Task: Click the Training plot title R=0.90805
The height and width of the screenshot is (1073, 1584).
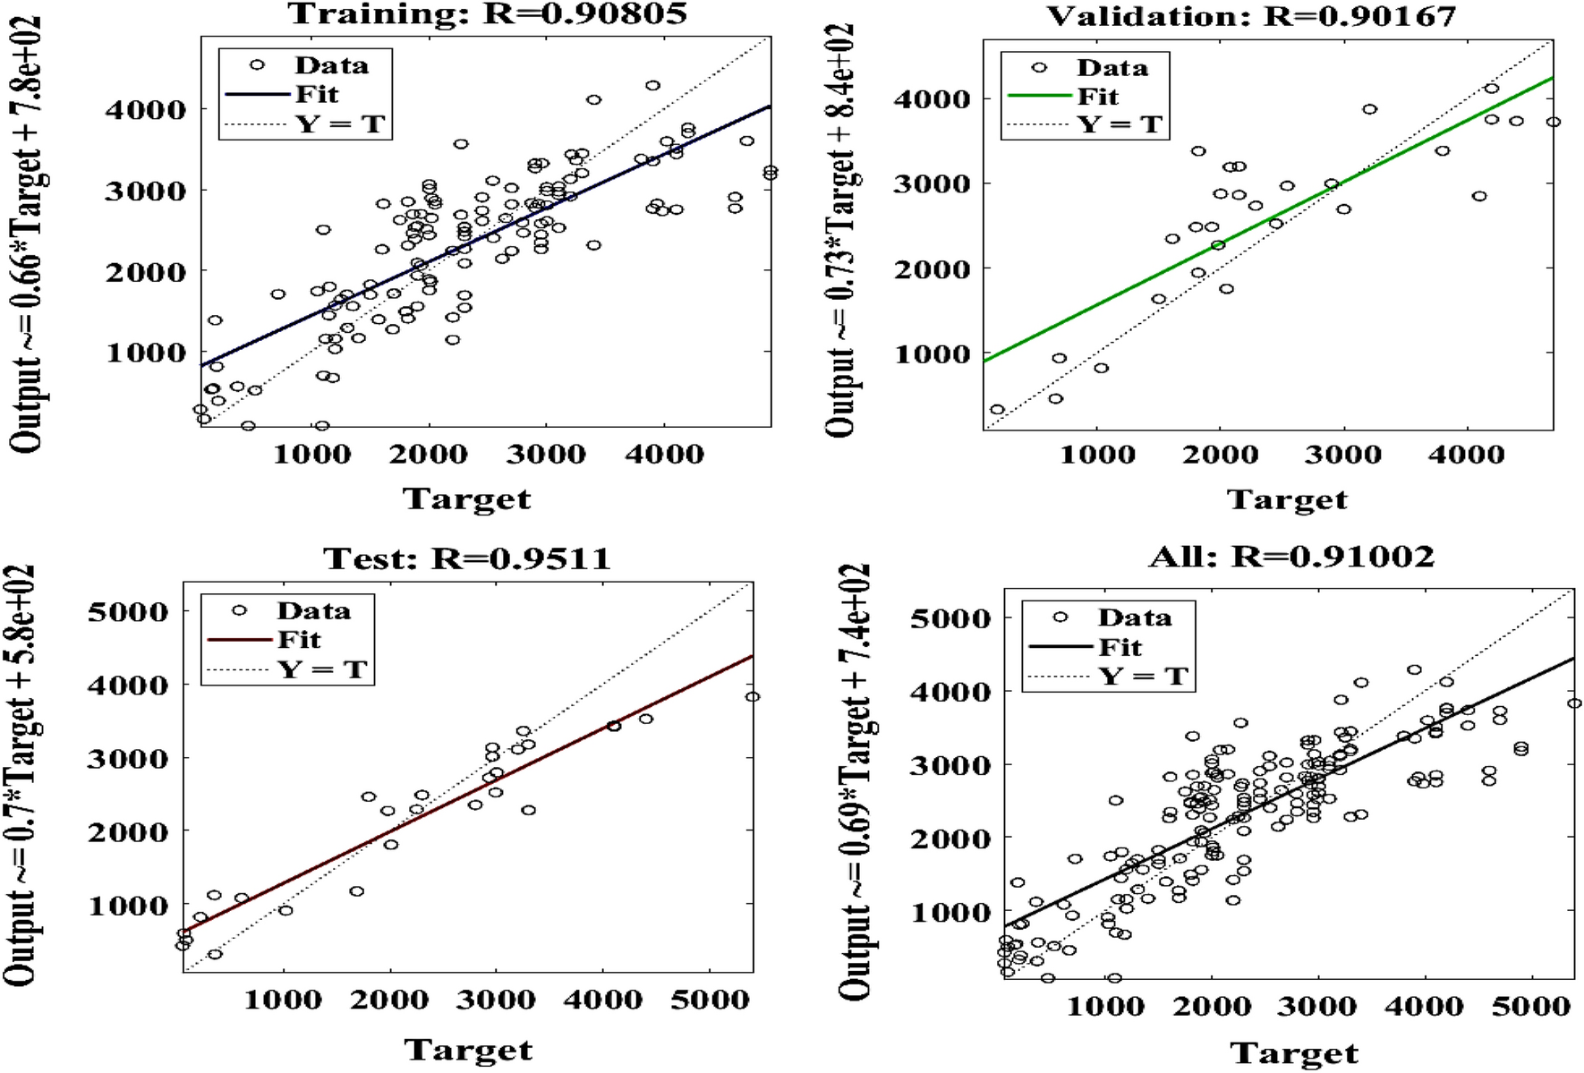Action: click(488, 13)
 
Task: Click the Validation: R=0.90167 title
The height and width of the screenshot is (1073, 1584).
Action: click(1251, 16)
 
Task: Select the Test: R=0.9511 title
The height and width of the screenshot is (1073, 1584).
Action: click(466, 559)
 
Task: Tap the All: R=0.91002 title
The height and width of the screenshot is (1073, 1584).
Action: click(1291, 557)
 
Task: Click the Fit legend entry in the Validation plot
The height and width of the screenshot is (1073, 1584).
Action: click(1097, 96)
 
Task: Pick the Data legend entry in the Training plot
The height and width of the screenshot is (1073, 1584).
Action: click(331, 65)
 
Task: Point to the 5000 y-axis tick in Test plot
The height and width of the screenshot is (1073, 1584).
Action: click(128, 612)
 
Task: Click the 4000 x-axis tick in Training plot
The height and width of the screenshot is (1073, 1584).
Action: click(664, 455)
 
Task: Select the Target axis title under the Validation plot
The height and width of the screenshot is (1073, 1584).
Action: click(1286, 500)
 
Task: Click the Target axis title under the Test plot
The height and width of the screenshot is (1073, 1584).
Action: click(467, 1050)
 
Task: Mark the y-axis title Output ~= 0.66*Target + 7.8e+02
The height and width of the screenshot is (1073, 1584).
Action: click(27, 234)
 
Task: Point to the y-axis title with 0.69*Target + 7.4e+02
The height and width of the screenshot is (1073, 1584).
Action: click(854, 780)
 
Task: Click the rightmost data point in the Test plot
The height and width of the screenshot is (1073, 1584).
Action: click(753, 697)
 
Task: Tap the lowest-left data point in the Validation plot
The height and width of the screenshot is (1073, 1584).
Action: click(997, 410)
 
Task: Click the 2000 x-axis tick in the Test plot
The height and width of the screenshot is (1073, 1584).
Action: click(388, 1000)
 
